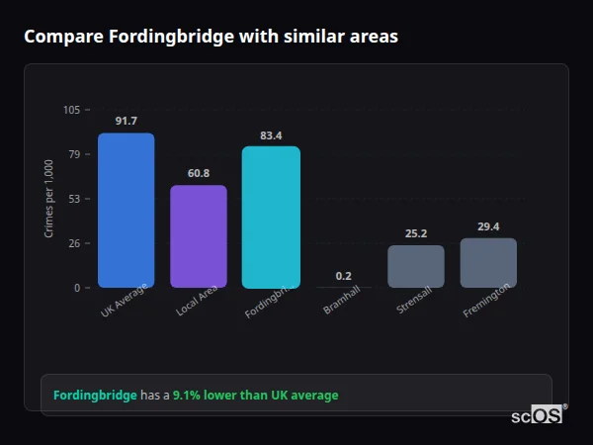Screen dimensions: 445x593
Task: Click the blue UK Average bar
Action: pos(126,210)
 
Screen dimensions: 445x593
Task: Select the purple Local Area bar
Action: pos(199,236)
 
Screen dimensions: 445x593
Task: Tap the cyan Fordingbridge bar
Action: pos(271,217)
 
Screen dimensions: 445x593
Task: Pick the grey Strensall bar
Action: pos(416,266)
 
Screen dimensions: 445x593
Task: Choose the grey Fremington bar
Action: pos(488,262)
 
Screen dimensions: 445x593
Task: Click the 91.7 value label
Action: pos(126,121)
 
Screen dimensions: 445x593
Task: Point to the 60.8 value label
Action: pos(199,173)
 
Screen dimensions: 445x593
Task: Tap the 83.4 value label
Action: pos(271,134)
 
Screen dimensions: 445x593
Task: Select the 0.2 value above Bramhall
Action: pos(343,276)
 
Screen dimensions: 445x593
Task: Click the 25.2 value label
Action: pos(416,233)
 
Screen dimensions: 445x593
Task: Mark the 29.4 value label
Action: pos(488,226)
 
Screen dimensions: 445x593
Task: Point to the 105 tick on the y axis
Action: pos(71,110)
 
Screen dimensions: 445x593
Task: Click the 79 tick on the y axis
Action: pos(74,154)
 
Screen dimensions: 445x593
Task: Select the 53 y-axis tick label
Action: pos(74,199)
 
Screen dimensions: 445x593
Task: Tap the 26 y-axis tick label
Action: pos(74,243)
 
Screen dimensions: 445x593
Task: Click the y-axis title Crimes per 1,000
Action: pos(49,198)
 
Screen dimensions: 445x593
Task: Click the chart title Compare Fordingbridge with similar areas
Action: pos(211,37)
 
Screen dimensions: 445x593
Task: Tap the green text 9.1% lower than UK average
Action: pos(255,396)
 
